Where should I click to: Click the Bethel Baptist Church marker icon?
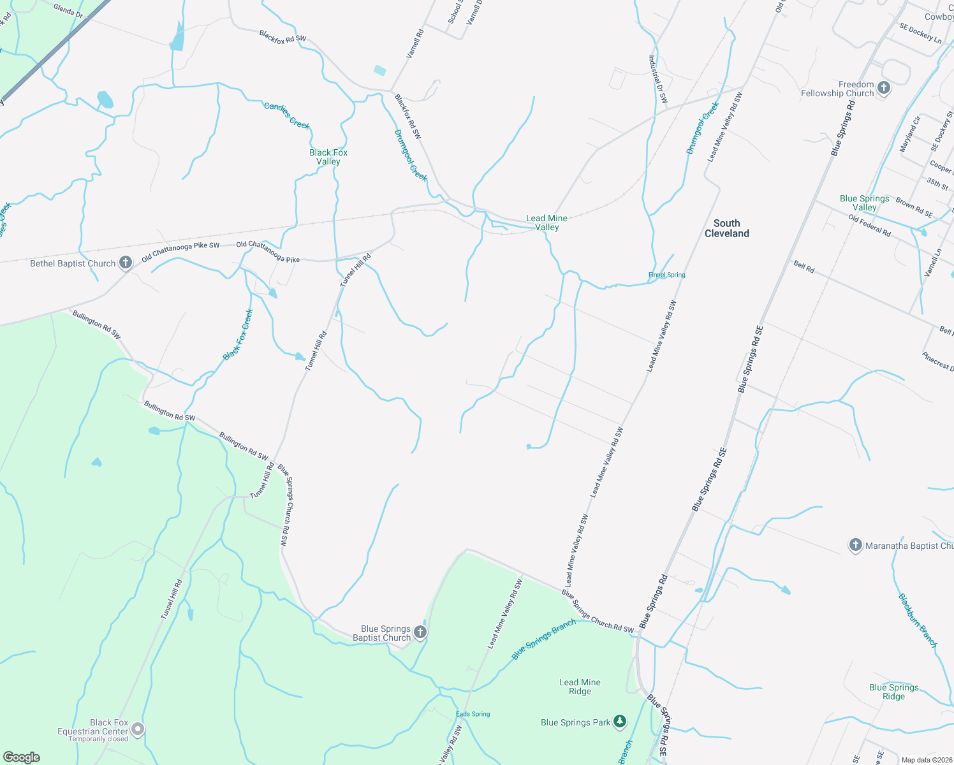coord(126,263)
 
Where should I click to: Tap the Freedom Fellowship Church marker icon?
coord(883,88)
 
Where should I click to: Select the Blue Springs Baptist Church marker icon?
coord(420,632)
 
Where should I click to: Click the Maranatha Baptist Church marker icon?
coord(855,545)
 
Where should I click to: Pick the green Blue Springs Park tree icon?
coord(620,722)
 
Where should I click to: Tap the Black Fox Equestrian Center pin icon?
coord(137,729)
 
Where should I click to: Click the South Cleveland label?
coord(726,228)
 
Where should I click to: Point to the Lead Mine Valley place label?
coord(547,222)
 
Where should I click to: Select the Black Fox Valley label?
coord(328,157)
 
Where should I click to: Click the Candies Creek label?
coord(287,115)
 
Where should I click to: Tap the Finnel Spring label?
coord(666,275)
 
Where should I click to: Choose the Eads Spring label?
coord(473,714)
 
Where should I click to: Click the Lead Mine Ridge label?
coord(580,687)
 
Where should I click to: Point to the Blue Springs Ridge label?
coord(893,692)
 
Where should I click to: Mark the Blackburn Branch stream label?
coord(918,620)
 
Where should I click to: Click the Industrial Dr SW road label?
coord(657,79)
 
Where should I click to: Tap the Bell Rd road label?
coord(804,266)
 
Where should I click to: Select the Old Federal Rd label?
coord(869,226)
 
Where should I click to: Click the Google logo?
coord(21,757)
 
